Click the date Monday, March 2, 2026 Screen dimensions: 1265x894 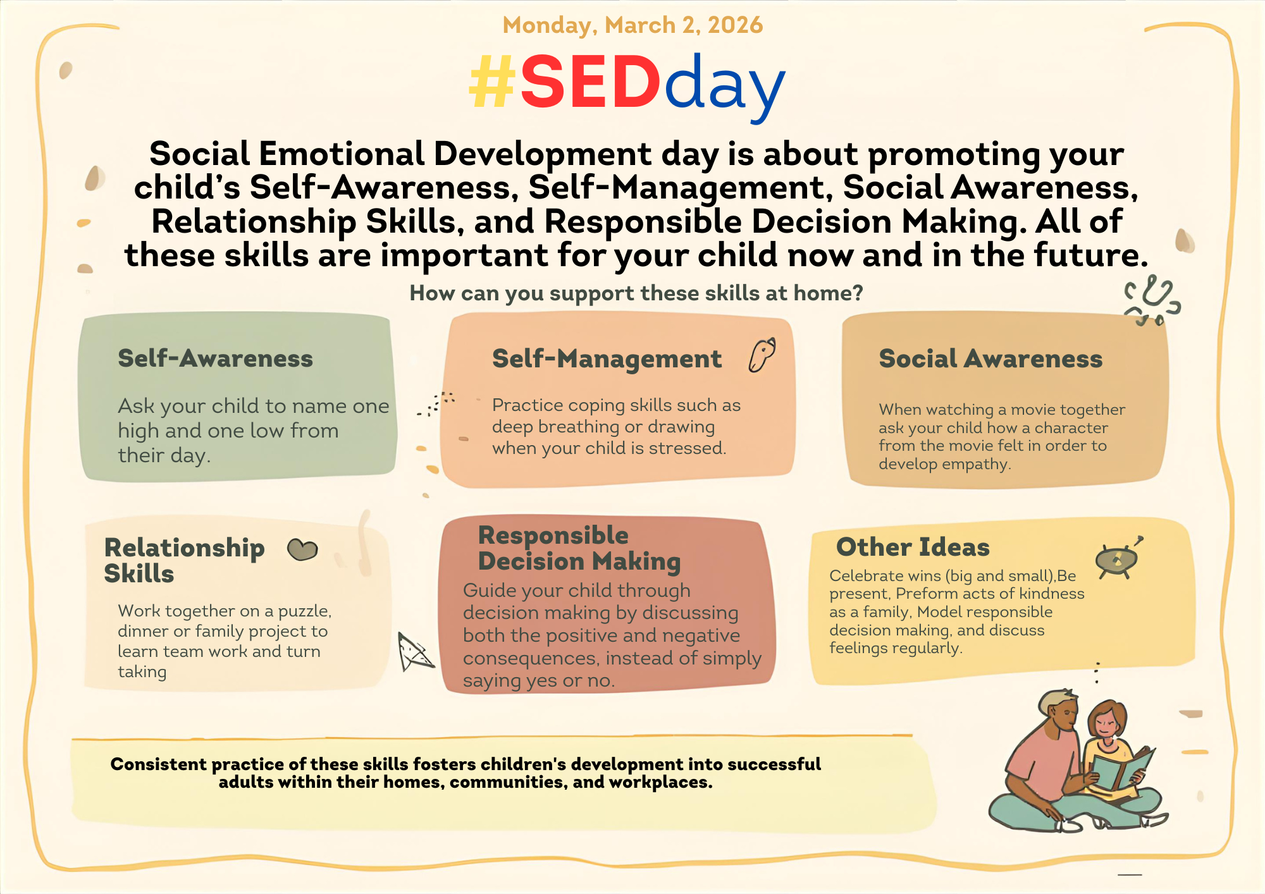(x=632, y=25)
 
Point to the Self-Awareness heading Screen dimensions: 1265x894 (x=215, y=358)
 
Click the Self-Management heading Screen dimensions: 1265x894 (x=607, y=359)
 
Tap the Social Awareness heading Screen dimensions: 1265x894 (x=990, y=359)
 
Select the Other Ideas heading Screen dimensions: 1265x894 (x=913, y=547)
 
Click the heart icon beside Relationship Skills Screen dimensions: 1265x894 (x=302, y=549)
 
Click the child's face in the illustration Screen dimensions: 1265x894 (x=1106, y=725)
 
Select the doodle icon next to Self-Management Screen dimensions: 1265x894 (x=762, y=355)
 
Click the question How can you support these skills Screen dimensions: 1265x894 (x=636, y=293)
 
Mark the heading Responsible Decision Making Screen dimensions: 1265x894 (x=579, y=548)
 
